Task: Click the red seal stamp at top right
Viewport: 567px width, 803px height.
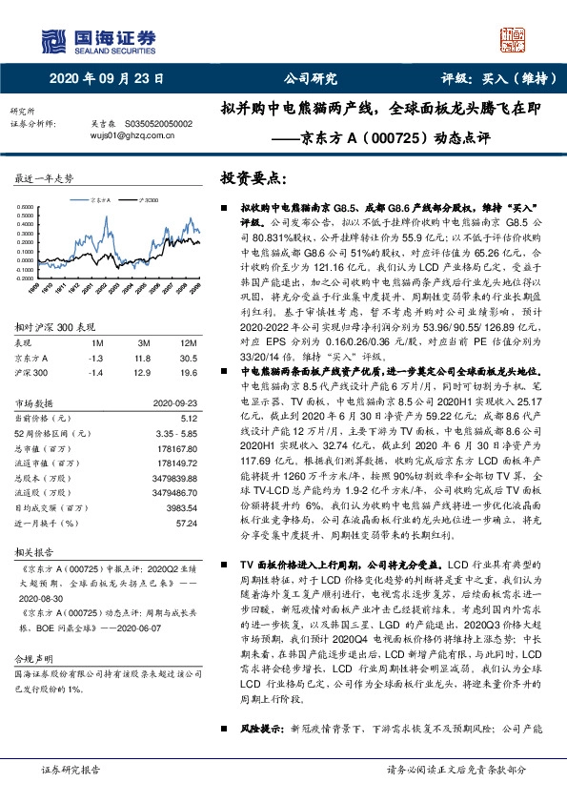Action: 516,41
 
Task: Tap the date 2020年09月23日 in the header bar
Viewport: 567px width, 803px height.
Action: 106,79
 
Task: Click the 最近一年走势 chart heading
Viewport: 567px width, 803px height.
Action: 45,179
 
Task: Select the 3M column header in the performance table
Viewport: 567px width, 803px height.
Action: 146,342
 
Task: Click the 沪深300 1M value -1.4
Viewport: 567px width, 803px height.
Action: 96,370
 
